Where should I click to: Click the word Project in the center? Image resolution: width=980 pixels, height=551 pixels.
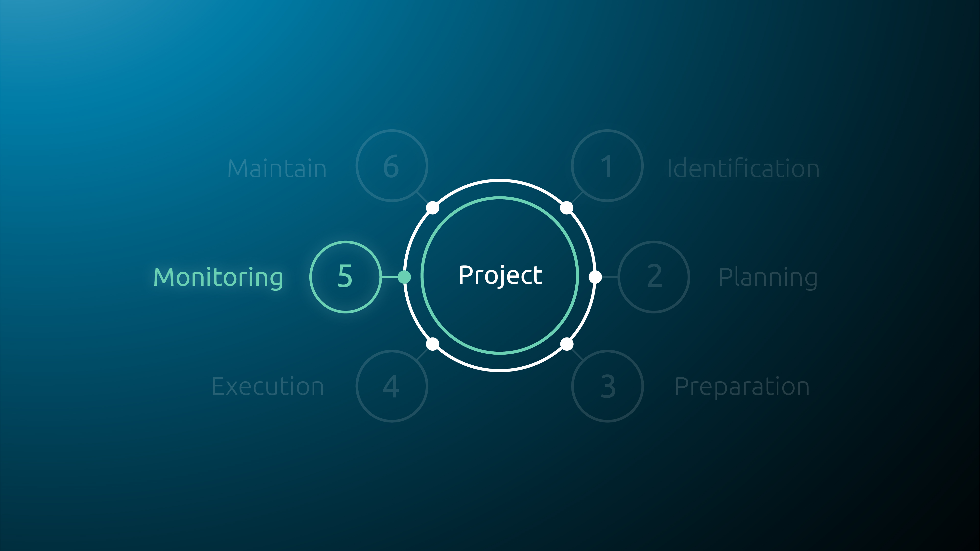click(x=500, y=275)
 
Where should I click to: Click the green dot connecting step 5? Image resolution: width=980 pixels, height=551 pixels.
click(x=404, y=277)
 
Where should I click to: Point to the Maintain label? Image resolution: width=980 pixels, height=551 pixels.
click(x=277, y=168)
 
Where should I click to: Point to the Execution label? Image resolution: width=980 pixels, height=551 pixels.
click(x=268, y=386)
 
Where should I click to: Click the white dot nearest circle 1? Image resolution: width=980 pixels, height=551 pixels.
click(x=567, y=208)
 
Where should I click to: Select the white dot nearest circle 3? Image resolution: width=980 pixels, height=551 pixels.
click(x=567, y=344)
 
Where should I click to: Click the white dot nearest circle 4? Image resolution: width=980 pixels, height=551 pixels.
click(x=433, y=344)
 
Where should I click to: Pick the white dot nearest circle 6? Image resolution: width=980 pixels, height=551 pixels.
click(x=433, y=208)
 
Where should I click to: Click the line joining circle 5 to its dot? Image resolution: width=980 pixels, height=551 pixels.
click(x=389, y=277)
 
